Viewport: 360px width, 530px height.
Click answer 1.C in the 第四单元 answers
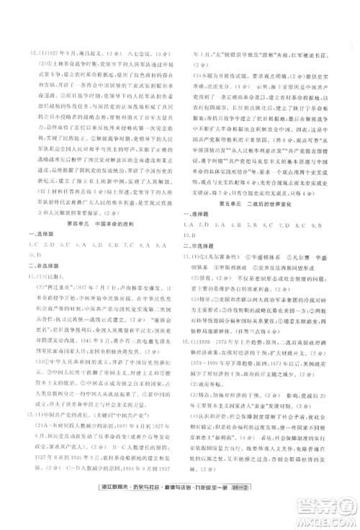(x=32, y=245)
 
